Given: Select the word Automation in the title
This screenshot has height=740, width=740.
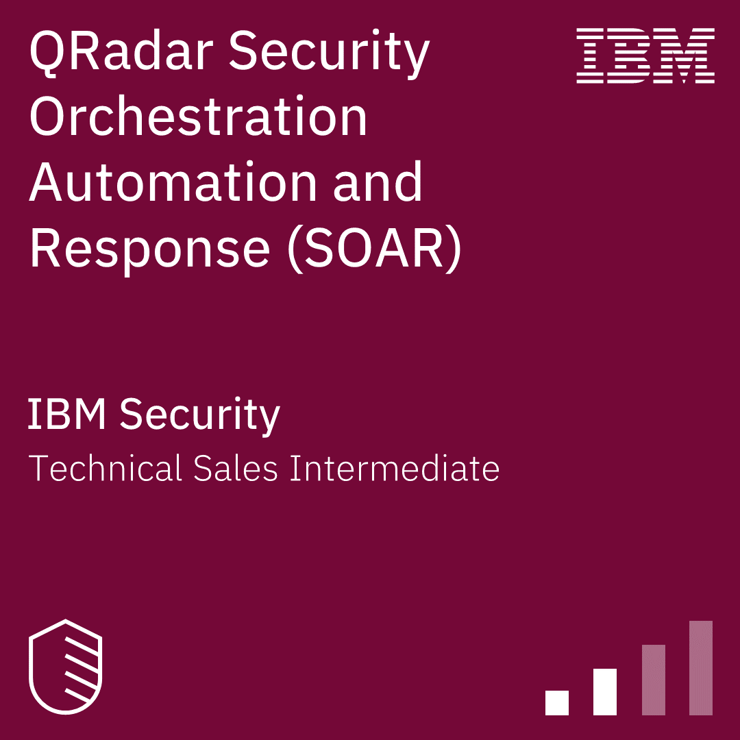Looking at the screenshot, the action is coord(173,182).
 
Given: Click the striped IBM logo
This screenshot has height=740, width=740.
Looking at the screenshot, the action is coord(645,56).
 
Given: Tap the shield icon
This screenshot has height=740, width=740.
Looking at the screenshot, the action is coord(66,667).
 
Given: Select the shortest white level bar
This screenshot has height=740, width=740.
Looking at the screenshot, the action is coord(557,703).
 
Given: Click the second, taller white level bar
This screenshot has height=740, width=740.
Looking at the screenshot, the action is coord(604,692).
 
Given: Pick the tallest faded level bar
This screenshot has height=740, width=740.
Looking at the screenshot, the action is coord(701,668).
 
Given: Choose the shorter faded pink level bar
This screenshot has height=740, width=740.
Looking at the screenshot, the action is coord(654,680).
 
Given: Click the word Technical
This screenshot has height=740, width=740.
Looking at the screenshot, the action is coord(106,468).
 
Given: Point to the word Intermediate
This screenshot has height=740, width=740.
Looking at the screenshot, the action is coord(395,468).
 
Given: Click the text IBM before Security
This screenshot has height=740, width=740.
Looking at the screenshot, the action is coord(66,413).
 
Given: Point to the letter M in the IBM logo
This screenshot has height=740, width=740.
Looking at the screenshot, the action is coord(684,56).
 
